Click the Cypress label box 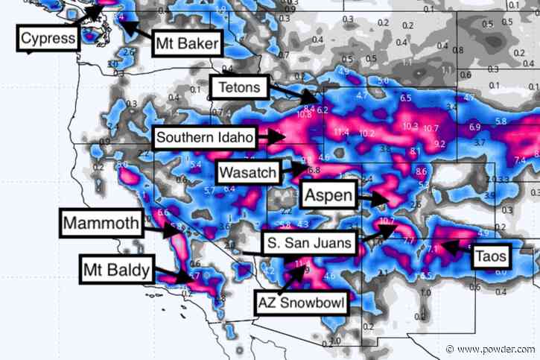(48, 38)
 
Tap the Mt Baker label (187, 44)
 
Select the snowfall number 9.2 (439, 143)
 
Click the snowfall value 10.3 (410, 126)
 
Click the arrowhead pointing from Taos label (439, 243)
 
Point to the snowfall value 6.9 (474, 128)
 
